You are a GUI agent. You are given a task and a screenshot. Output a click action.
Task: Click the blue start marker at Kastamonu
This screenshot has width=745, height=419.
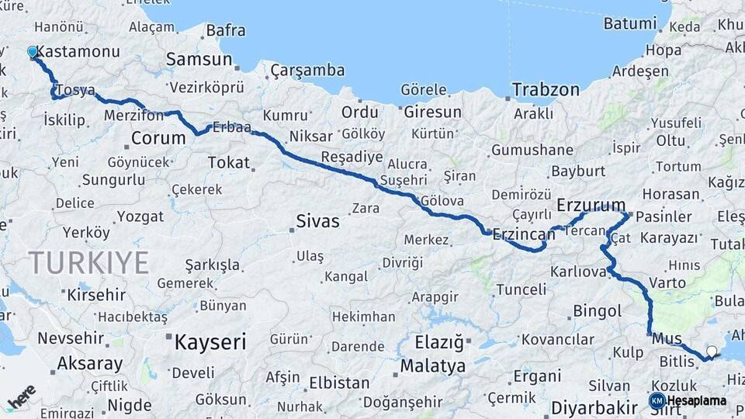33,52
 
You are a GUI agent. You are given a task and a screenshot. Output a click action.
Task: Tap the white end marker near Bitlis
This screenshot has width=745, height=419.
712,351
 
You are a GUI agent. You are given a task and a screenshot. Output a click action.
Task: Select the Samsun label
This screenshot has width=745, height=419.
199,59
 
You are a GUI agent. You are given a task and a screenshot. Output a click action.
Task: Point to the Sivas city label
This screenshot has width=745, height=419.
317,221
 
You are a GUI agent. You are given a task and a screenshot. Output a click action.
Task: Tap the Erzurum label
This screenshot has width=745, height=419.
591,206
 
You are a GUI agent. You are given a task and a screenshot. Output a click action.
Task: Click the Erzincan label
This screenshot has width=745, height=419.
524,233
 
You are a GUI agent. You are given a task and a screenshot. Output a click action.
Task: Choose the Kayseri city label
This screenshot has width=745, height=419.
210,341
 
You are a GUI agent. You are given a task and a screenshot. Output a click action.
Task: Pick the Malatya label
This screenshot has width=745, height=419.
433,365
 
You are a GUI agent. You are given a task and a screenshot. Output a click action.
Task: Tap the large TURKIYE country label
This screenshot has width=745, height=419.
88,263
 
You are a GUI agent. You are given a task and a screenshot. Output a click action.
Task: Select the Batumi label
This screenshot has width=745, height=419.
630,23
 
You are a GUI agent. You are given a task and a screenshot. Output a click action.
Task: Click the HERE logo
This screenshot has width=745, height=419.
21,396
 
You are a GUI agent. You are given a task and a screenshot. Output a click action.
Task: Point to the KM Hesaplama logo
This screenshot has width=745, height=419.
688,400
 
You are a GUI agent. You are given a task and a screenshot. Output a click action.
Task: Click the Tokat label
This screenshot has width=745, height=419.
229,162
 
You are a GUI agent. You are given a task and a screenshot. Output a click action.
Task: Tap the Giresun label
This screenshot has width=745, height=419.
432,112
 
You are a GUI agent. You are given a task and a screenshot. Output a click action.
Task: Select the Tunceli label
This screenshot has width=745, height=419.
521,289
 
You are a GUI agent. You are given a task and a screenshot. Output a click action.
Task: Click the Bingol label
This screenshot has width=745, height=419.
598,311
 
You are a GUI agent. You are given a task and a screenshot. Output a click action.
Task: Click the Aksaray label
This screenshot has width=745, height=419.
90,363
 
